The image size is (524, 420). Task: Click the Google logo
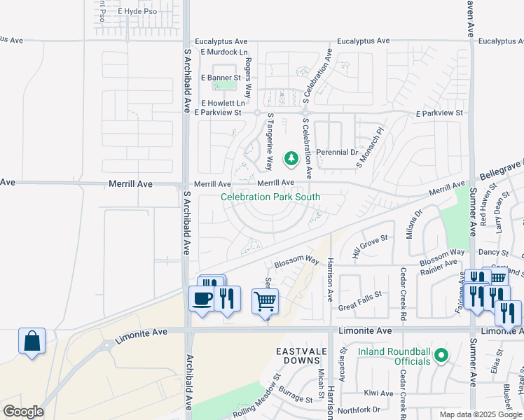coord(22,411)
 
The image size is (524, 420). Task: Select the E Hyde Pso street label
coord(137,12)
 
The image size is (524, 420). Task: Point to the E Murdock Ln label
coord(224,52)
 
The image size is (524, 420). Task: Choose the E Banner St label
coord(221,78)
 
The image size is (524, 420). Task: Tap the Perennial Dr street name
coord(337,152)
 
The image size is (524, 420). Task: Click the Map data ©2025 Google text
coord(480,414)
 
